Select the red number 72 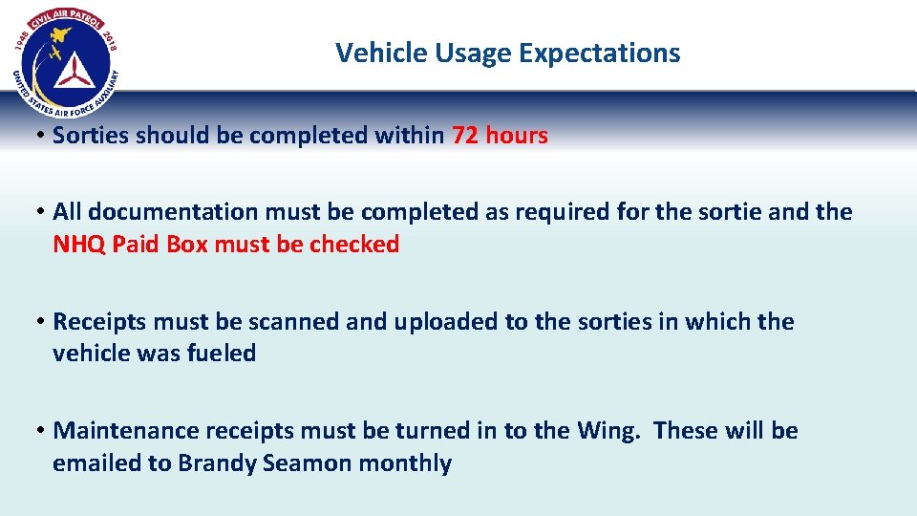click(x=465, y=136)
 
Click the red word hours click(x=517, y=136)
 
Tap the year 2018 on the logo click(x=110, y=40)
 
